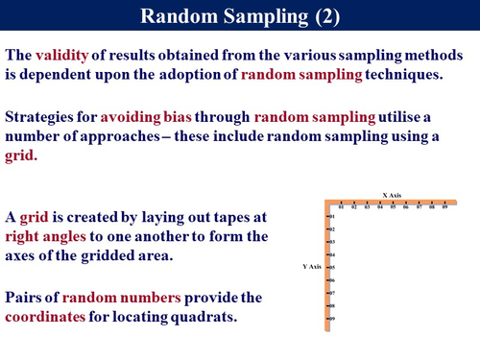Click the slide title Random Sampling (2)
tap(239, 16)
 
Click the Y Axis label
tap(313, 266)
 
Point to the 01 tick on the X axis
tap(341, 207)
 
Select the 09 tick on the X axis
tap(444, 207)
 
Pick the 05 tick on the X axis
tap(393, 207)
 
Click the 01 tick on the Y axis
tap(332, 217)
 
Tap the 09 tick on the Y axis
tap(332, 318)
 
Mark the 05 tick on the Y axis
tap(332, 267)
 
